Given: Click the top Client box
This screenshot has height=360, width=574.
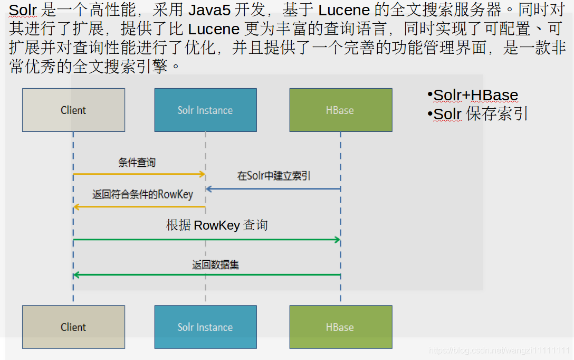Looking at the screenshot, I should [73, 110].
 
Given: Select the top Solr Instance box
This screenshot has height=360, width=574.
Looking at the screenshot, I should [205, 110].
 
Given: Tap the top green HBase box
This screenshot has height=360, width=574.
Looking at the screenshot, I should [340, 110].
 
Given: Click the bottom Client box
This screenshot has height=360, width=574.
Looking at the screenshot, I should [73, 327].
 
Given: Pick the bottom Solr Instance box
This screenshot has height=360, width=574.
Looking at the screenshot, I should [205, 327].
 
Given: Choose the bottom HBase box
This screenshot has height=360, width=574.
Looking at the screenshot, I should [340, 327].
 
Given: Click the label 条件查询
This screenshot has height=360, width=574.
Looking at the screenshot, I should [137, 163].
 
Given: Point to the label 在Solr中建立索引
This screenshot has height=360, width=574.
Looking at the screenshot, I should [274, 176].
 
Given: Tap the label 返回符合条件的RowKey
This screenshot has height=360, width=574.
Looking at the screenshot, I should [142, 194].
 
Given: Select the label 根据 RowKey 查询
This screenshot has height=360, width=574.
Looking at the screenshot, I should [217, 225].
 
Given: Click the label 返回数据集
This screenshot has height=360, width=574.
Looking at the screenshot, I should [215, 264].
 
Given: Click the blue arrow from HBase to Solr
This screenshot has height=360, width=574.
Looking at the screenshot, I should [273, 188].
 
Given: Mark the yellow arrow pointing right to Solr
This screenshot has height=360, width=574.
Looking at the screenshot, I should [139, 174].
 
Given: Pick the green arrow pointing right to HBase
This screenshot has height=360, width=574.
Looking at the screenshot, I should [207, 240].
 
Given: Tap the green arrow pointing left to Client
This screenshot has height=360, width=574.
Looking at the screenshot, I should [207, 274].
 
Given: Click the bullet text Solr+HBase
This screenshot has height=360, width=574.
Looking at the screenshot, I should [475, 96].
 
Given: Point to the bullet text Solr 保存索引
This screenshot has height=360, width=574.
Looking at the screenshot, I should [480, 114].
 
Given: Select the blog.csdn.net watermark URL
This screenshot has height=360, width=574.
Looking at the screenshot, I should [499, 350].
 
